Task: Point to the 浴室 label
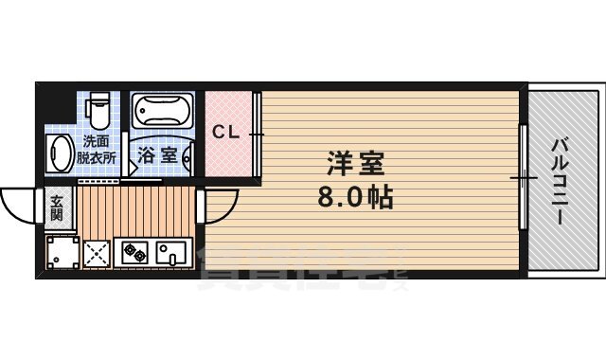click(x=157, y=155)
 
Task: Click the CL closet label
click(x=224, y=131)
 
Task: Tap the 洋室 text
click(x=355, y=164)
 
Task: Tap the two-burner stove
click(x=134, y=253)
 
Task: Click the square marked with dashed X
click(x=98, y=253)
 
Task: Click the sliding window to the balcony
click(x=522, y=176)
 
